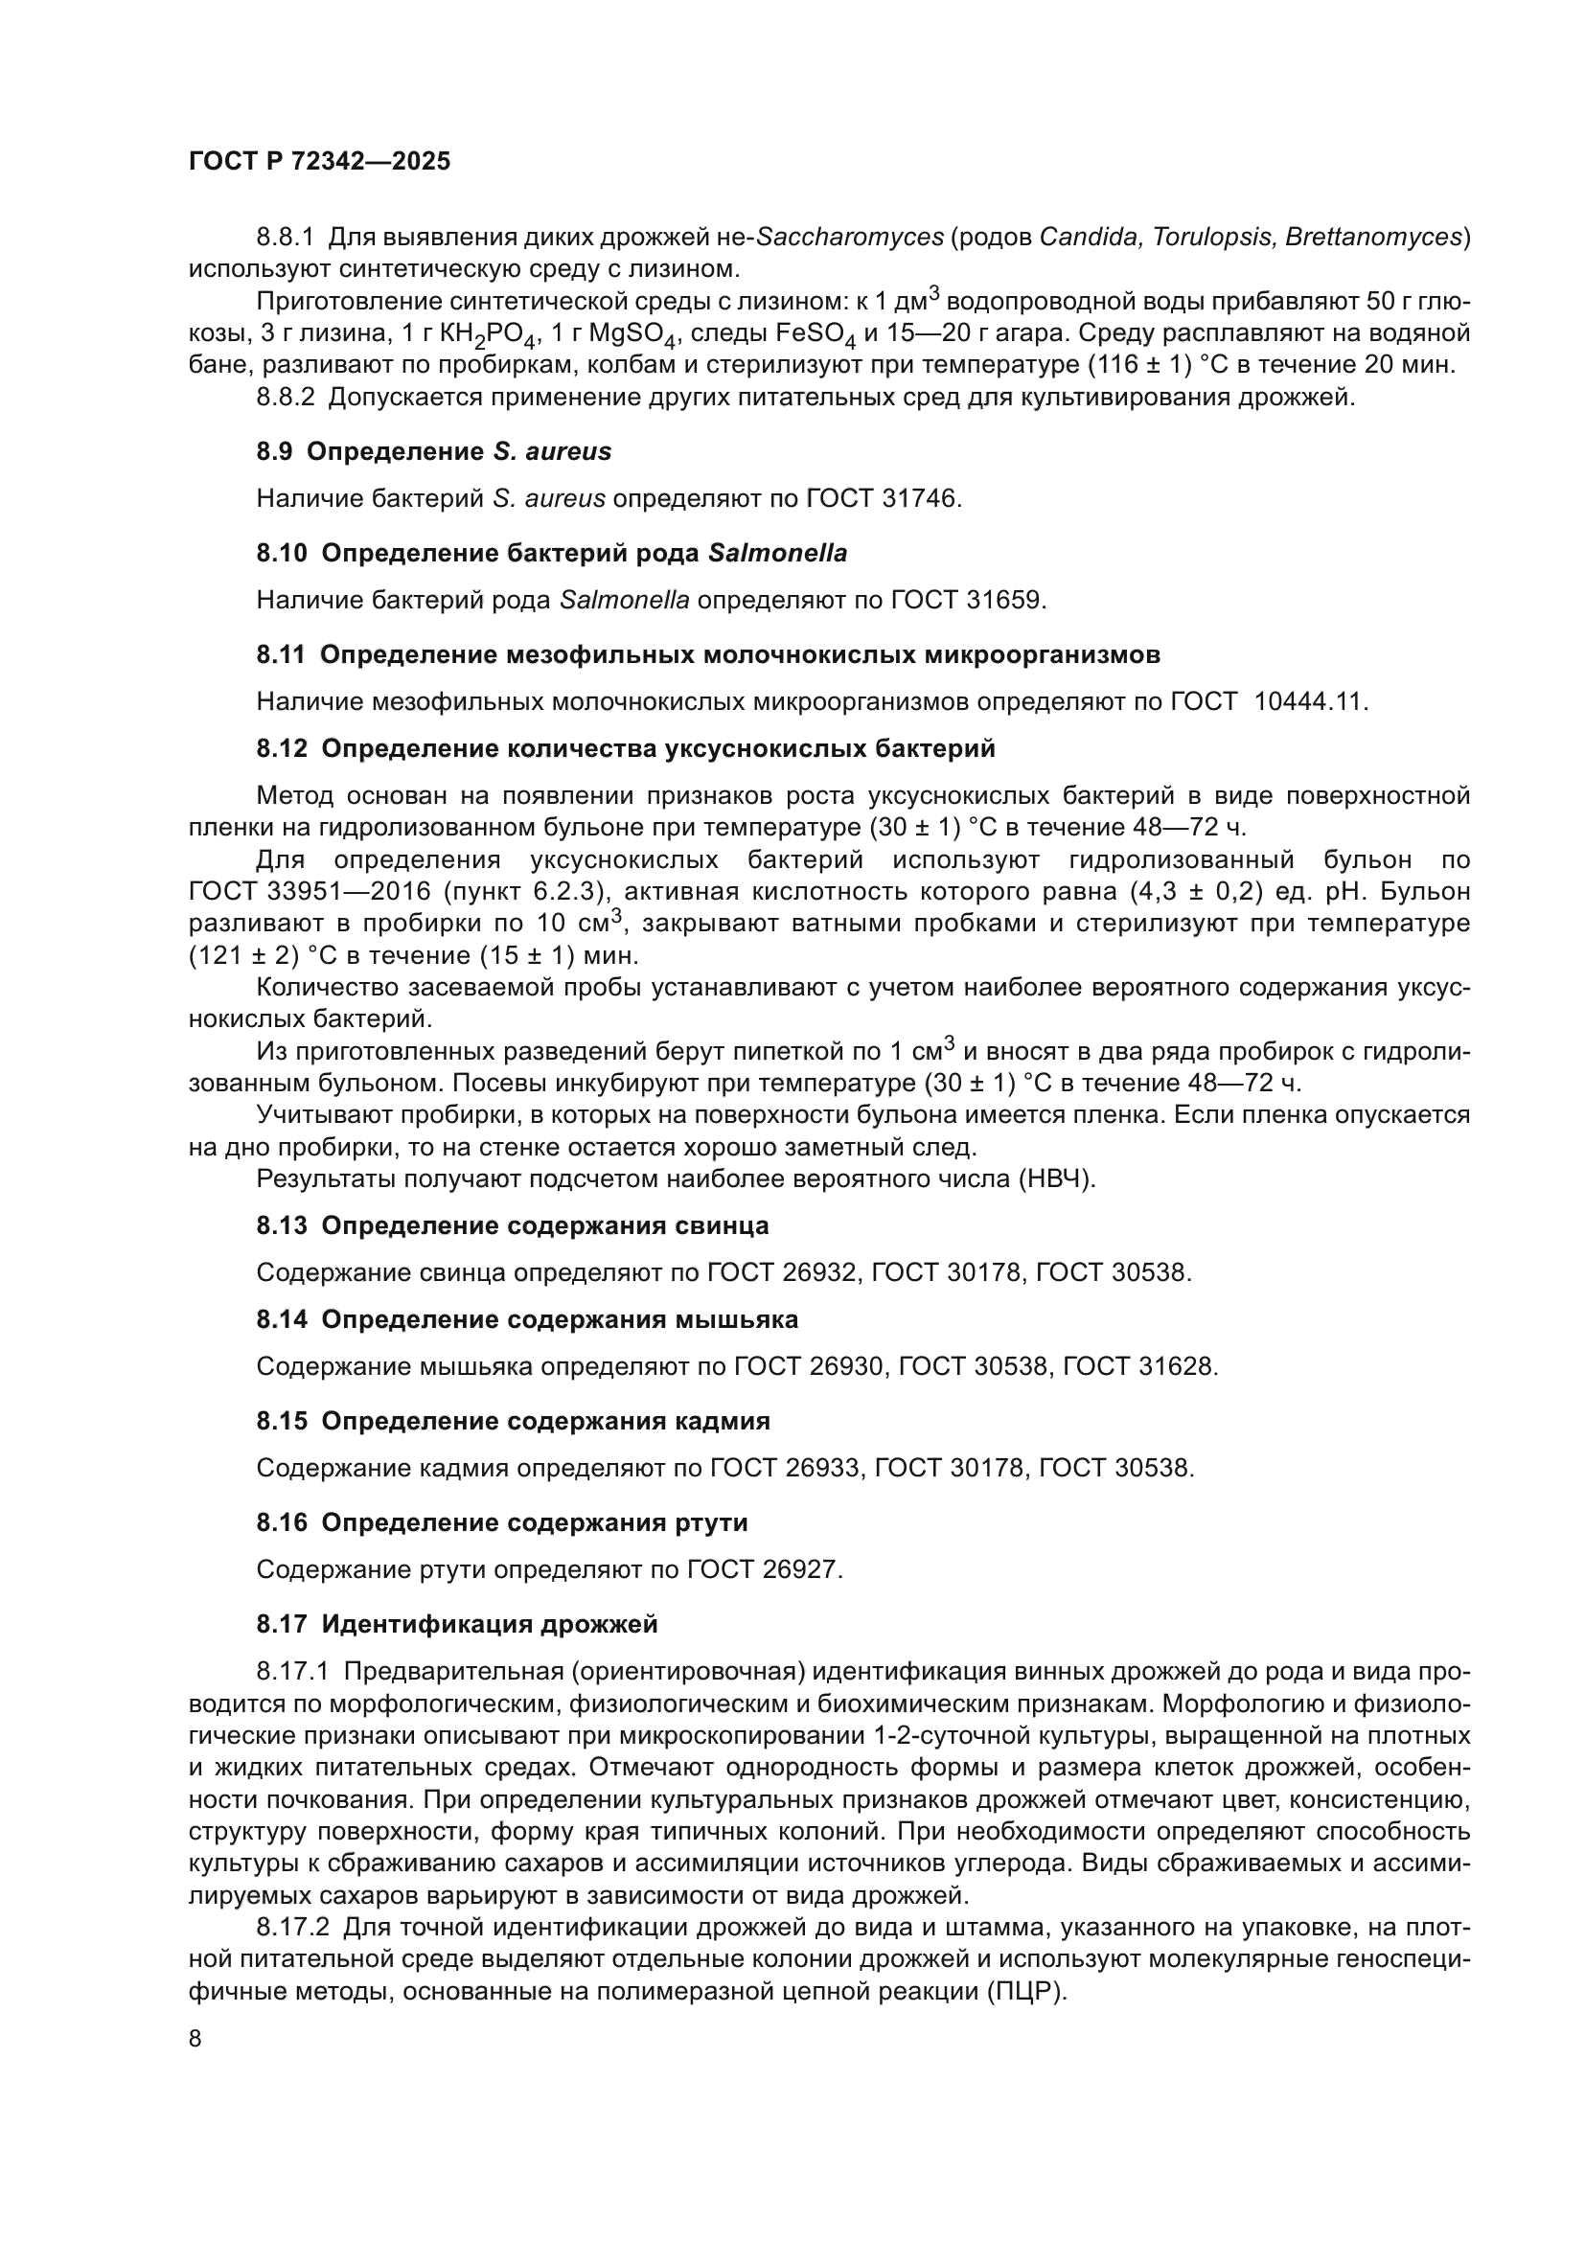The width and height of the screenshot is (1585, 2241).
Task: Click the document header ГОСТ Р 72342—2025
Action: point(319,162)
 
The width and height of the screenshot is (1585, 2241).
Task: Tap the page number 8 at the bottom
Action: point(195,2039)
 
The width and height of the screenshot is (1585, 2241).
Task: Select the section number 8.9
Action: point(274,452)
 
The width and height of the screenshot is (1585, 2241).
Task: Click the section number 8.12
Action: point(281,748)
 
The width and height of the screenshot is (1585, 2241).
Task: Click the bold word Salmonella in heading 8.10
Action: point(778,554)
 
